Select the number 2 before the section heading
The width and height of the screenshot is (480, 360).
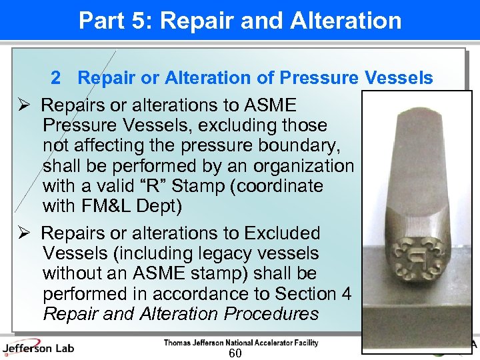click(56, 79)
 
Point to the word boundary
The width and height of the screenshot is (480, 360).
click(309, 145)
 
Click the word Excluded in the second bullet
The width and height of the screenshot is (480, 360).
click(283, 233)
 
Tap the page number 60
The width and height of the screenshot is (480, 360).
click(235, 353)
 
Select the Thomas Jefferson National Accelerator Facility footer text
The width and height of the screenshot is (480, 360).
click(241, 343)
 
